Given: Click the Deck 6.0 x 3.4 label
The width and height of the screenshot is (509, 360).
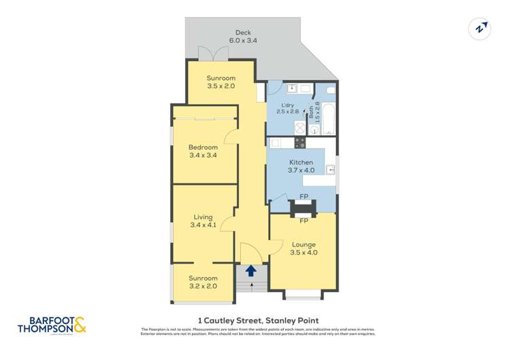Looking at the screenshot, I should (x=243, y=36).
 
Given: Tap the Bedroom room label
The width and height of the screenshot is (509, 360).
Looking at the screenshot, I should (x=204, y=151).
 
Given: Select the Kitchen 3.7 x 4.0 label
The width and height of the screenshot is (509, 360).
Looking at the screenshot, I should (x=301, y=166).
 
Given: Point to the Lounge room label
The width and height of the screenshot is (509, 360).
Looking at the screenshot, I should (x=303, y=249).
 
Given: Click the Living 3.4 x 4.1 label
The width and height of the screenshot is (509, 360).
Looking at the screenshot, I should (x=203, y=221).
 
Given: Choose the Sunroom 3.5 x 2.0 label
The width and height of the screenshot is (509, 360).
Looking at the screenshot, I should (x=221, y=82).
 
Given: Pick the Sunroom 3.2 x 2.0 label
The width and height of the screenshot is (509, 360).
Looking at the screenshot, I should (x=203, y=282).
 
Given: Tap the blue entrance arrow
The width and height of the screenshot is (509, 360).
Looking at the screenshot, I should (x=251, y=271).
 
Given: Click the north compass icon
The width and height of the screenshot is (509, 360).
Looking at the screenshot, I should (x=480, y=29).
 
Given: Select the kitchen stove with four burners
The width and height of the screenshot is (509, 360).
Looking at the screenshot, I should (x=299, y=143).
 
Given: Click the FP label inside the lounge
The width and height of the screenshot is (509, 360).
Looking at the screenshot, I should (x=303, y=221).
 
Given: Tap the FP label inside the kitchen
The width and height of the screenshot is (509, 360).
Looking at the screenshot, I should (x=303, y=198).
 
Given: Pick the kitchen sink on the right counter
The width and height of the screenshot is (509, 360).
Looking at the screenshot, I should (x=330, y=170).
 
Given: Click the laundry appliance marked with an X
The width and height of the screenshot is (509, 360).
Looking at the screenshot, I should (x=279, y=127).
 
